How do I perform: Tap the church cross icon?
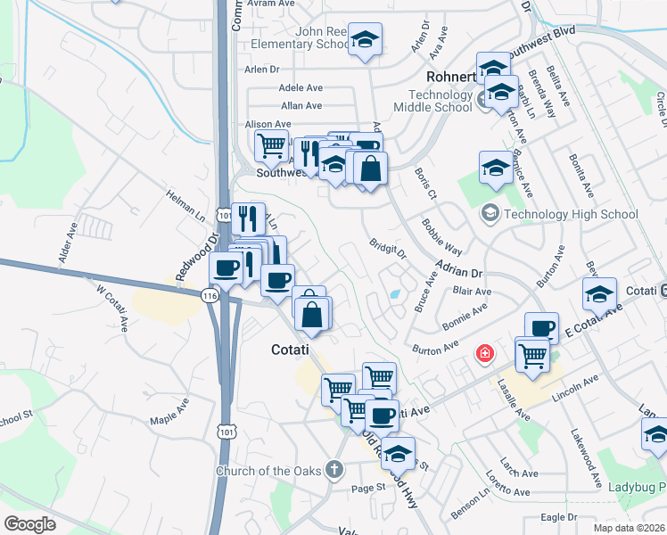click(x=334, y=468)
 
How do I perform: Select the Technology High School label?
click(x=571, y=214)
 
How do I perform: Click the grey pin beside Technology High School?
click(x=490, y=213)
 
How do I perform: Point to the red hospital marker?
click(x=484, y=354)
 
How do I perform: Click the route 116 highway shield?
click(x=210, y=295)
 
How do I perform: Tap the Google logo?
click(x=30, y=524)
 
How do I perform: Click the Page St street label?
click(x=367, y=488)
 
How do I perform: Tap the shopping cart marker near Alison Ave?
click(x=271, y=144)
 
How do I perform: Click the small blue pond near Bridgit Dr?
click(x=394, y=294)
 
